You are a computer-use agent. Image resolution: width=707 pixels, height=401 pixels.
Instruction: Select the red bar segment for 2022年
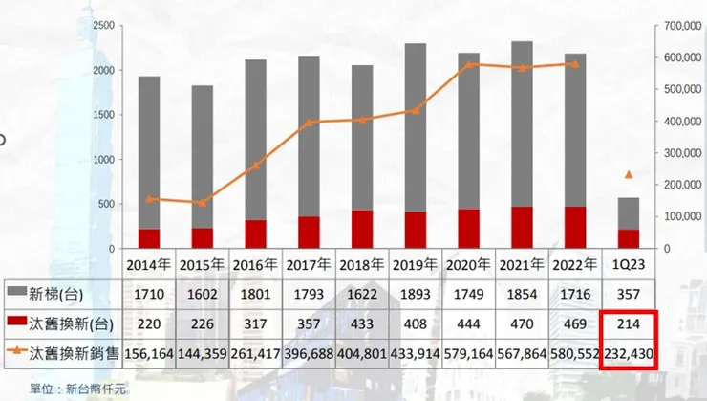click(575, 227)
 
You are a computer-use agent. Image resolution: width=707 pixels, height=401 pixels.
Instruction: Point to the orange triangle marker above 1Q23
click(629, 175)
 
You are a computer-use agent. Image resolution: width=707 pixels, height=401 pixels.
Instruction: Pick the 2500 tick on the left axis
click(104, 27)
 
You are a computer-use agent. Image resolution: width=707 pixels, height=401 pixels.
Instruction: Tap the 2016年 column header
click(256, 264)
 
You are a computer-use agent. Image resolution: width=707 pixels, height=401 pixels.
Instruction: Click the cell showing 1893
click(416, 291)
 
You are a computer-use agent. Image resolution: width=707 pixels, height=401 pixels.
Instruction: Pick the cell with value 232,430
click(629, 354)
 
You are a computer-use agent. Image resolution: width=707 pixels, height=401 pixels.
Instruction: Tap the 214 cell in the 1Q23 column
click(629, 323)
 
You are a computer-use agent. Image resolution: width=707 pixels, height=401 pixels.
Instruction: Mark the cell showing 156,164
click(150, 354)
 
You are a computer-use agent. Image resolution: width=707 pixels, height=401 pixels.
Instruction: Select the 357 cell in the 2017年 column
click(310, 323)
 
